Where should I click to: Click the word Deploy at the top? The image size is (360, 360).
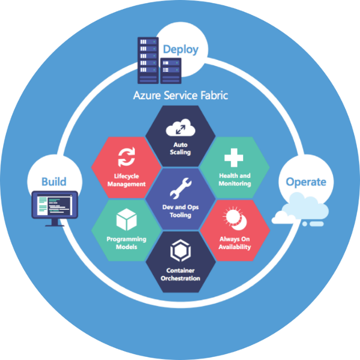pyautogui.click(x=181, y=49)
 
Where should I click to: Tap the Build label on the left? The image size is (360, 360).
pyautogui.click(x=54, y=182)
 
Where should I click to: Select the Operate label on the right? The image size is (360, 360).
pyautogui.click(x=306, y=182)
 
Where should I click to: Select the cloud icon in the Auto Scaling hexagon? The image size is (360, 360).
pyautogui.click(x=180, y=128)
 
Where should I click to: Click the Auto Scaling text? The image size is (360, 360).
pyautogui.click(x=180, y=148)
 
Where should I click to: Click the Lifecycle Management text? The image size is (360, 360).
pyautogui.click(x=127, y=179)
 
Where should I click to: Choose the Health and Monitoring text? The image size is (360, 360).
pyautogui.click(x=234, y=179)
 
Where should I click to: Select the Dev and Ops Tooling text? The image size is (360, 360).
pyautogui.click(x=181, y=211)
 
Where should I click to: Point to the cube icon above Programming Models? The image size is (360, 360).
pyautogui.click(x=126, y=219)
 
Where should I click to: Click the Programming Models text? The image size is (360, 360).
pyautogui.click(x=126, y=243)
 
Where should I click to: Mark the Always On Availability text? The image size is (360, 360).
pyautogui.click(x=235, y=243)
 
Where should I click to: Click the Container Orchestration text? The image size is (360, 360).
pyautogui.click(x=180, y=274)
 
